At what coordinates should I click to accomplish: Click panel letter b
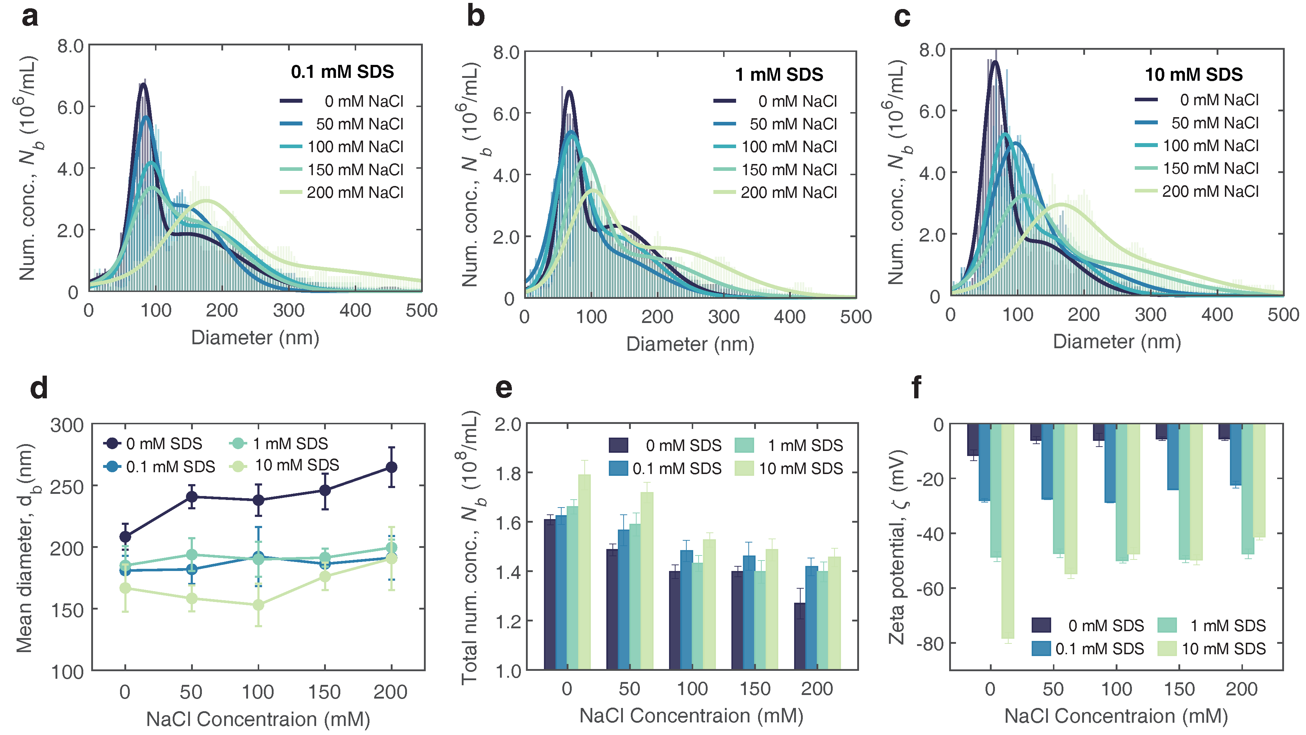(x=475, y=16)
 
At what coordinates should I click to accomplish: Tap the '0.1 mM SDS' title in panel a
(x=342, y=72)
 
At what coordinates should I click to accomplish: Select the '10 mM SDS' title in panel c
(x=1194, y=75)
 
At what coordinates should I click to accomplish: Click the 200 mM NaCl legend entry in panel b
(x=776, y=192)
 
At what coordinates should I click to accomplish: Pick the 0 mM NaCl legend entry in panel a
(x=342, y=101)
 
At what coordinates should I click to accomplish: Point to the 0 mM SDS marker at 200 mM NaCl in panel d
(x=391, y=467)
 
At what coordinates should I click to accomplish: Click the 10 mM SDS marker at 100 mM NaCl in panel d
(x=258, y=605)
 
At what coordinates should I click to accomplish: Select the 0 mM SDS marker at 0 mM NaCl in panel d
(x=125, y=536)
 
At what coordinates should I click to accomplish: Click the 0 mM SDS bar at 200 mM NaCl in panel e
(x=800, y=636)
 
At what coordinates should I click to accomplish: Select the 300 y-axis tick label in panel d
(x=66, y=425)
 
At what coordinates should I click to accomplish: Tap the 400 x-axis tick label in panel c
(x=1217, y=315)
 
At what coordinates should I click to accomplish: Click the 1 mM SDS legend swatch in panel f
(x=1167, y=625)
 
